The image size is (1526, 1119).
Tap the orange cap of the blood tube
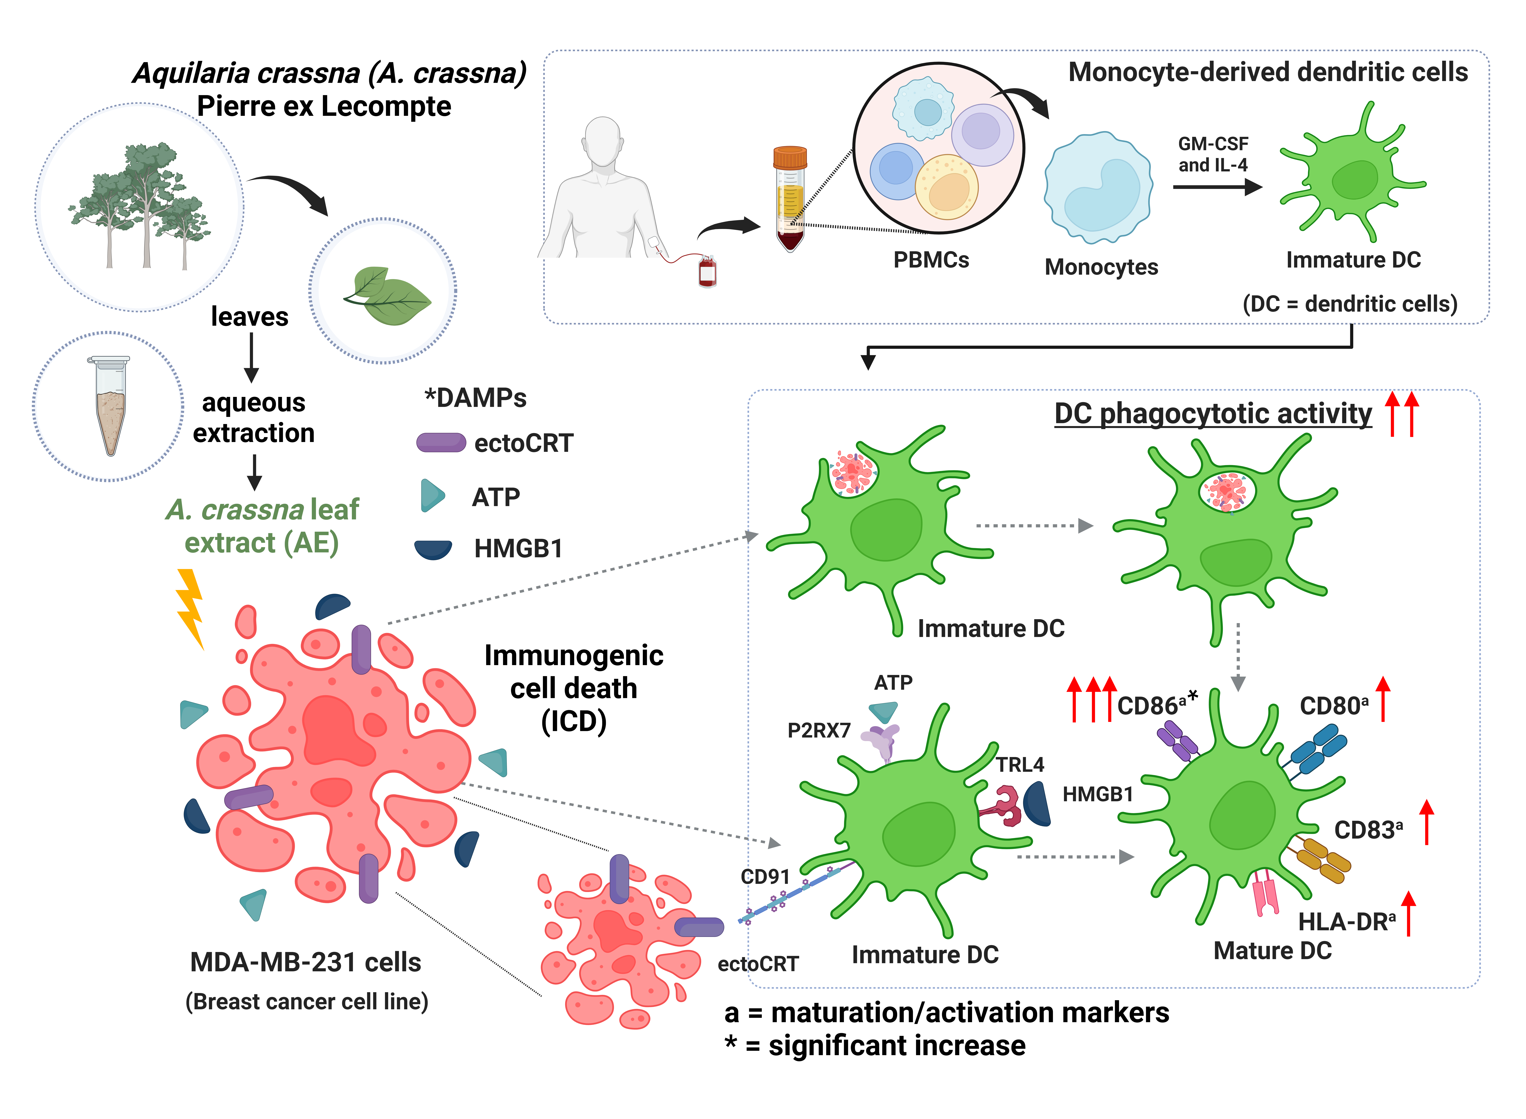pos(790,157)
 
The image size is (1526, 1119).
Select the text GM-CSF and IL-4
pos(1212,154)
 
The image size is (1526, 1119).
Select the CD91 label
pos(765,877)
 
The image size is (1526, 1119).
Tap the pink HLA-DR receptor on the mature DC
pos(1265,894)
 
